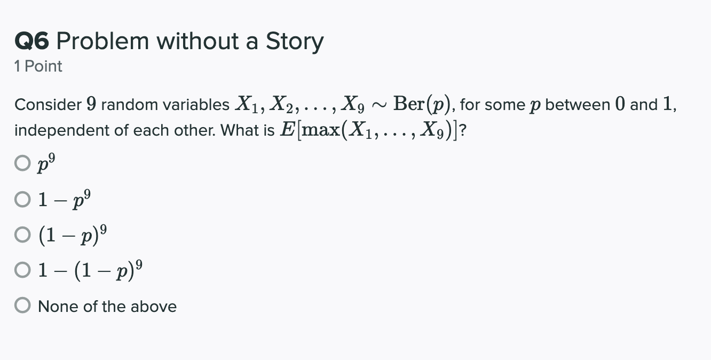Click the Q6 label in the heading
pyautogui.click(x=32, y=42)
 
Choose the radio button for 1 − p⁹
pyautogui.click(x=22, y=199)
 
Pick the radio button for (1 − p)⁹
pyautogui.click(x=22, y=234)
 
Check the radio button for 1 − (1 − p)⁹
pyautogui.click(x=22, y=270)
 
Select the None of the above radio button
pyautogui.click(x=22, y=306)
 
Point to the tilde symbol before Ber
pyautogui.click(x=380, y=105)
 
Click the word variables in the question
pyautogui.click(x=197, y=105)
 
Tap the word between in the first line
pyautogui.click(x=576, y=105)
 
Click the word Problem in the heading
pyautogui.click(x=101, y=42)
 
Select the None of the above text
pyautogui.click(x=107, y=306)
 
